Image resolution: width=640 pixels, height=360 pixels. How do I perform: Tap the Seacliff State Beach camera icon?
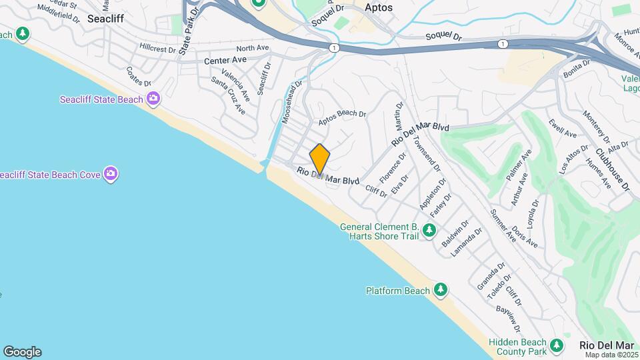(x=154, y=99)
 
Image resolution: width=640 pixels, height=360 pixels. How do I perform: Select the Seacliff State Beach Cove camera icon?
(x=111, y=174)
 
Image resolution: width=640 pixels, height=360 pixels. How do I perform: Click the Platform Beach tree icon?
(x=440, y=290)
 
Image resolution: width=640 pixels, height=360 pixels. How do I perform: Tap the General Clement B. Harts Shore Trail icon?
(x=429, y=231)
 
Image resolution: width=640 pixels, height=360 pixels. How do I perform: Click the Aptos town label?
(x=379, y=7)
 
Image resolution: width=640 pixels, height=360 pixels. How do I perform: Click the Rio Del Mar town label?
(x=607, y=345)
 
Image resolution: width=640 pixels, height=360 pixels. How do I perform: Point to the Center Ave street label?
(x=225, y=60)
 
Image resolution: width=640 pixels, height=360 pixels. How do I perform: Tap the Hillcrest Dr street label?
(x=157, y=49)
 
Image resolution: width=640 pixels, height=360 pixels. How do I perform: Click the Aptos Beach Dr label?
(x=342, y=117)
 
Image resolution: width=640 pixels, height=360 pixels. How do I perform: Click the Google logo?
(x=22, y=352)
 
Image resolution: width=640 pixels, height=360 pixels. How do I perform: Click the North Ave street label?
(x=252, y=48)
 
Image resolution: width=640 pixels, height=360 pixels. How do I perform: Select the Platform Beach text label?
(x=398, y=291)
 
